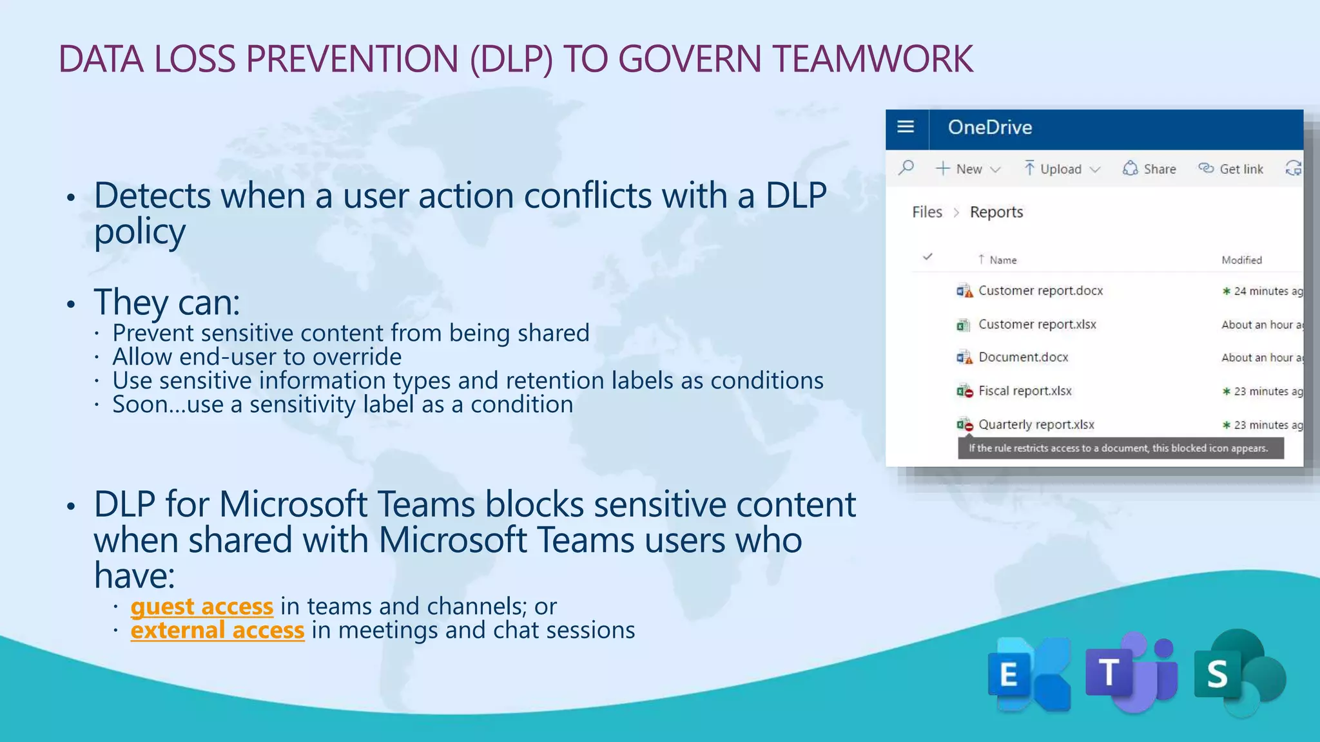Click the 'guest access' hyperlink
(202, 607)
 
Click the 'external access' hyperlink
(217, 631)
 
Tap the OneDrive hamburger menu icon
(906, 127)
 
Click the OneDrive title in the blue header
(989, 128)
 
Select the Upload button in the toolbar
(1061, 169)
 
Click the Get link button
(1231, 169)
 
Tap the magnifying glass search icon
(906, 168)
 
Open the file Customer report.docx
(1040, 290)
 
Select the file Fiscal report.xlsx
(1025, 391)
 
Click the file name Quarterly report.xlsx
(1036, 424)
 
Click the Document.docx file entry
(1023, 357)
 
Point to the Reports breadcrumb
(996, 212)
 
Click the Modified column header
(1241, 260)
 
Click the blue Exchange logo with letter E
(1028, 674)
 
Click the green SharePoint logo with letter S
(1237, 673)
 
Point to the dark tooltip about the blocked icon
(1120, 448)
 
